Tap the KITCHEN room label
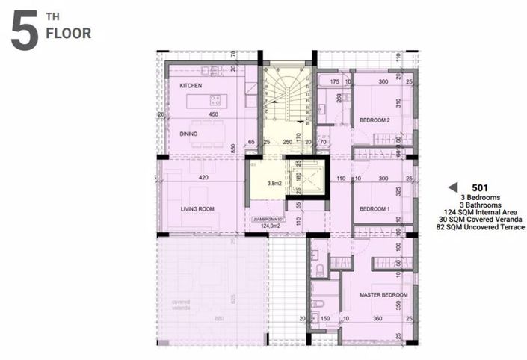coord(192,87)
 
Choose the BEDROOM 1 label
coord(375,210)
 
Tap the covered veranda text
coord(182,305)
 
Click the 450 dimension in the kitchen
coord(213,114)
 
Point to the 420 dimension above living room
coord(203,179)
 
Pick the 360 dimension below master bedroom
coord(377,319)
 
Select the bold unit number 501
coord(481,187)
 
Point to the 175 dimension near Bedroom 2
coord(335,81)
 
